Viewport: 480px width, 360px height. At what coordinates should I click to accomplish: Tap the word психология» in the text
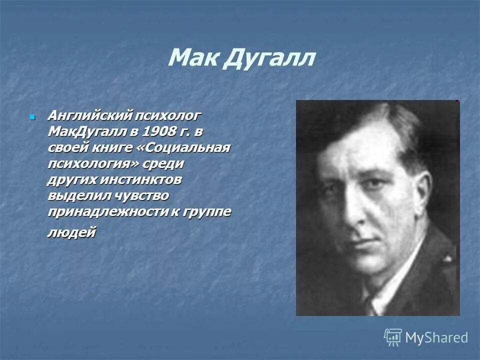[x=94, y=163]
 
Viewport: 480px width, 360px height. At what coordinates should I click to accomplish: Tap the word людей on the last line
[x=71, y=232]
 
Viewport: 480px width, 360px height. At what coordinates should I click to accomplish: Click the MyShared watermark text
[x=436, y=337]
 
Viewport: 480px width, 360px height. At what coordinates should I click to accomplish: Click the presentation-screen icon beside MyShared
[x=393, y=337]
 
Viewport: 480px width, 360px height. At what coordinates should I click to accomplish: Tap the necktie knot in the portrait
[x=370, y=303]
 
